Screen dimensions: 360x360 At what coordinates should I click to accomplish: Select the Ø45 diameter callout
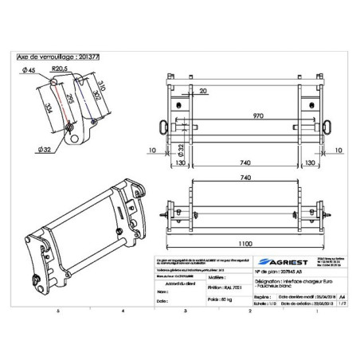tap(34, 71)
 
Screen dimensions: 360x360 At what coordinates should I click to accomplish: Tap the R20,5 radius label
tap(58, 69)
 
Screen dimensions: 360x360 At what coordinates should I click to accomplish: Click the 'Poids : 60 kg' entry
tap(198, 301)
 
